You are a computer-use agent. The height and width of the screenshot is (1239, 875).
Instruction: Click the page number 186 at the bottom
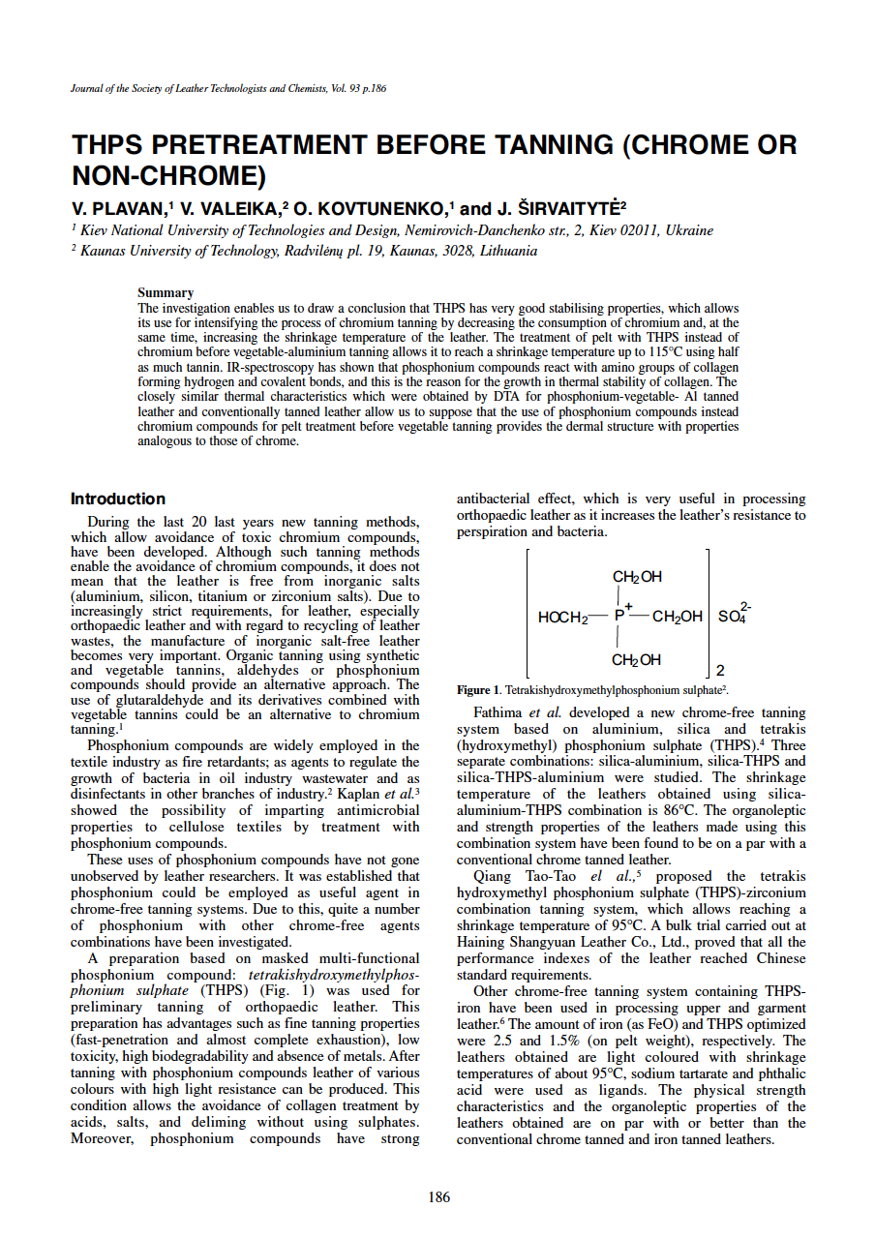[x=438, y=1197]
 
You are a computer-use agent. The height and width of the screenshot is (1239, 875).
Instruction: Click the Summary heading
[x=166, y=292]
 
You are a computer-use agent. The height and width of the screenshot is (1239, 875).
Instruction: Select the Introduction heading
[x=118, y=499]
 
